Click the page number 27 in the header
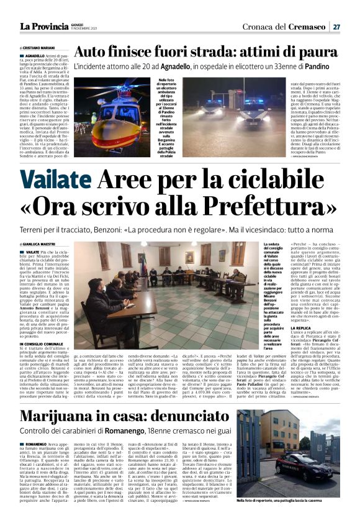click(336, 27)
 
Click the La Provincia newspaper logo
click(42, 26)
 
